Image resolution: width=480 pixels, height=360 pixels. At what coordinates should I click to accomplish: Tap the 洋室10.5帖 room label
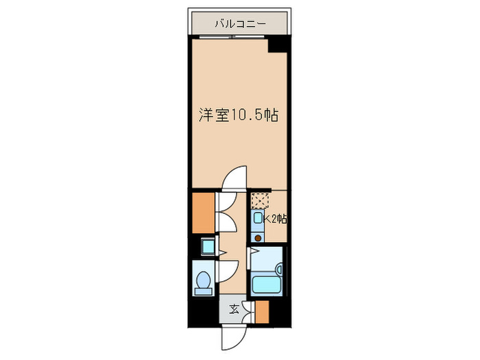[x=238, y=116]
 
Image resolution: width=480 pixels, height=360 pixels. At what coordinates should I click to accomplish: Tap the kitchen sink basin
[x=258, y=220]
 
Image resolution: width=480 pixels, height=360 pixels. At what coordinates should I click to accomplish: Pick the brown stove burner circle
[x=258, y=238]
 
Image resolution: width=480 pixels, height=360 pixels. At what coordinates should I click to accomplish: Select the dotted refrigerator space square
[x=259, y=201]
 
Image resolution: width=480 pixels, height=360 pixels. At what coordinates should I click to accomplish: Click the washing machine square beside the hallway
[x=207, y=246]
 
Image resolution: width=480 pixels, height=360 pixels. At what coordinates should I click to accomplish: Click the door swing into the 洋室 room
[x=235, y=179]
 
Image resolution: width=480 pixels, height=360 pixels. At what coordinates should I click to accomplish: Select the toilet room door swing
[x=229, y=271]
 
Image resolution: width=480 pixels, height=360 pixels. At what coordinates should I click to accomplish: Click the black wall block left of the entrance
[x=204, y=312]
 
